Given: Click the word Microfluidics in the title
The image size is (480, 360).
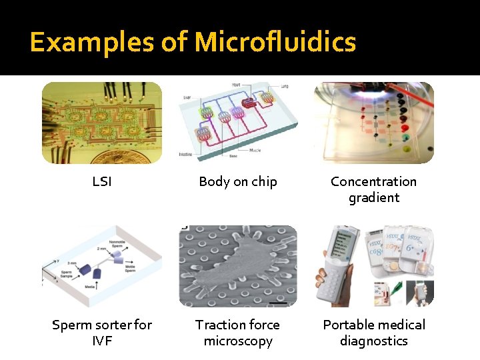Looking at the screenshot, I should coord(275,43).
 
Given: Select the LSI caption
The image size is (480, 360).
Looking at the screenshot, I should coord(102,181).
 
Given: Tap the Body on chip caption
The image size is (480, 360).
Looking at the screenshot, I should coord(238,181).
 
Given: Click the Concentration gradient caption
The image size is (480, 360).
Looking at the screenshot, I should coord(373,189).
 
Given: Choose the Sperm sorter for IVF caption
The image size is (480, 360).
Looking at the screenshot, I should coord(102,333).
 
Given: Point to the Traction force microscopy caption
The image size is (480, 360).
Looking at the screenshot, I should coord(238,333).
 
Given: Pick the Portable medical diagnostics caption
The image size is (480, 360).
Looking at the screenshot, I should coord(373,333).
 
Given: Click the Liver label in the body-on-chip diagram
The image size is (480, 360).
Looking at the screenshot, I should coord(187,97).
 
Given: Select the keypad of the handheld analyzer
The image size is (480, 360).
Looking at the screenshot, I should coord(343,283).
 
